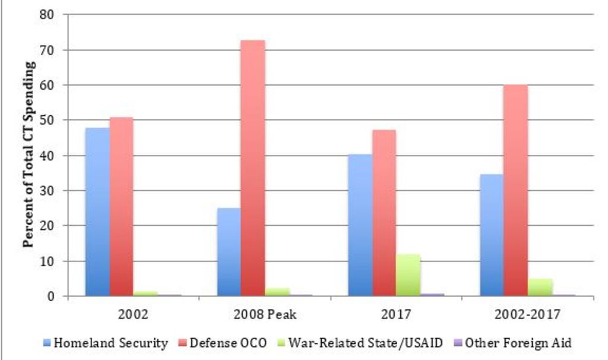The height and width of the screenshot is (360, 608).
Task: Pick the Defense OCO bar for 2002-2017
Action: point(515,190)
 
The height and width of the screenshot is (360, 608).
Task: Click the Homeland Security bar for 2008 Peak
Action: point(229,252)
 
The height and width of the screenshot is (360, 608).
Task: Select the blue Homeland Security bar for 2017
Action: point(360,225)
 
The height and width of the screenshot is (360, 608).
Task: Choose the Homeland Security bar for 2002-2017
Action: point(491,235)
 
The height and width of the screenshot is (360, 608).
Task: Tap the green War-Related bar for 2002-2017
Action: point(540,287)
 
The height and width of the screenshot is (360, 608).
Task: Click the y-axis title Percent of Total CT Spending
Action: point(28,154)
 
